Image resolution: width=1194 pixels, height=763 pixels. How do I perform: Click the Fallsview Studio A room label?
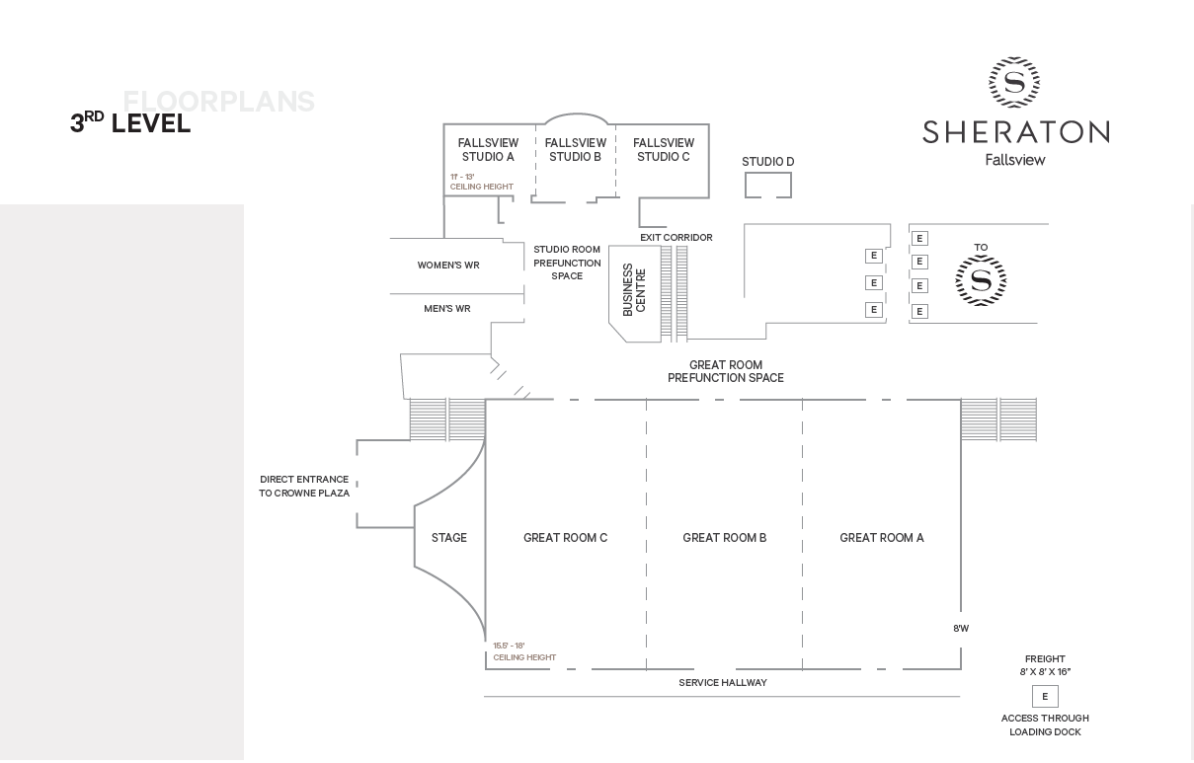488,150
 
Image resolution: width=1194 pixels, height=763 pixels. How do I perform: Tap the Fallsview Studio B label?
575,150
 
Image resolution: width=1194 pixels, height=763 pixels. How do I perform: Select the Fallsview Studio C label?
664,150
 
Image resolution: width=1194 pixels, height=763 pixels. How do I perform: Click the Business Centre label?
634,289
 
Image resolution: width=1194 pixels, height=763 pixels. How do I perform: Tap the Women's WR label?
448,266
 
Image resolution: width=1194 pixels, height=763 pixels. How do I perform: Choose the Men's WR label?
447,309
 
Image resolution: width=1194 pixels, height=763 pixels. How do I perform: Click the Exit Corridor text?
676,238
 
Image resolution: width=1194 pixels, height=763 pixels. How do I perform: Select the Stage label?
448,538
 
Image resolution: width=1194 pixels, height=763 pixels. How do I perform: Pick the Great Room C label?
565,538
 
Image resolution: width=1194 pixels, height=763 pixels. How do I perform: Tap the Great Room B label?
724,538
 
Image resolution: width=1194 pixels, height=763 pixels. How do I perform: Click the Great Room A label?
882,538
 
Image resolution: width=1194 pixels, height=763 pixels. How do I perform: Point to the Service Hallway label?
722,682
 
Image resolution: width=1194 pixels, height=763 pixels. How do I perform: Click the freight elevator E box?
1045,697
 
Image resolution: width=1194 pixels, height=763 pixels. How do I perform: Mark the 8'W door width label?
961,628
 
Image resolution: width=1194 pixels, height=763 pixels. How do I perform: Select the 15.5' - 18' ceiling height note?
524,651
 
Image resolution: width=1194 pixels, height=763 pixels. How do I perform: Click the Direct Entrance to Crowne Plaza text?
304,486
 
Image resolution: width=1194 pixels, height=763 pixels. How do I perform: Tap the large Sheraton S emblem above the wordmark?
1014,82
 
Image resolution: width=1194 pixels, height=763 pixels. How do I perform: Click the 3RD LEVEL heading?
130,122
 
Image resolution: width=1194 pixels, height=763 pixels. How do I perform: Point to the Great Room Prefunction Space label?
726,371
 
